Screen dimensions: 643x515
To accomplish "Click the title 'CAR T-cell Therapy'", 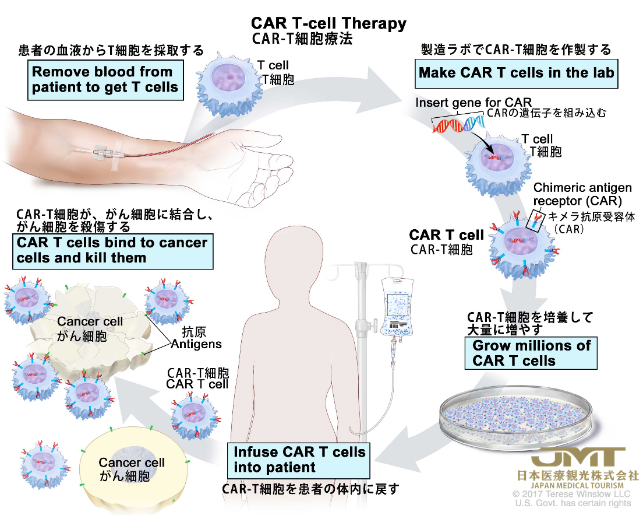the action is [328, 23].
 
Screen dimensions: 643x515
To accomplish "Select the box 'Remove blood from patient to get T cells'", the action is [105, 80].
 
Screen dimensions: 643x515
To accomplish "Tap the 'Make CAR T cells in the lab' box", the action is [516, 73].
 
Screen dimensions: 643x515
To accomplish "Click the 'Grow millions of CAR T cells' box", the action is [531, 353].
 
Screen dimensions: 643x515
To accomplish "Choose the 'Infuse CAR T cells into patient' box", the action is [299, 460].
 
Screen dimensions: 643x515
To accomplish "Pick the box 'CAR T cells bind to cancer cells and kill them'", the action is [113, 251].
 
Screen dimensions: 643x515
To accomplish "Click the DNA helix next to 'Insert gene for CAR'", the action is [459, 124].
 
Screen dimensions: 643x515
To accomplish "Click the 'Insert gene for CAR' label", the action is [474, 102].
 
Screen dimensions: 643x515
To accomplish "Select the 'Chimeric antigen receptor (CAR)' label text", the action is [582, 194].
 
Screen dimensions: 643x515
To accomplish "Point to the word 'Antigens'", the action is [196, 344].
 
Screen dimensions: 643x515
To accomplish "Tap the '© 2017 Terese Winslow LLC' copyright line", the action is [571, 493].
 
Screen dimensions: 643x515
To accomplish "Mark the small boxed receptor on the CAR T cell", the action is [536, 221].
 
